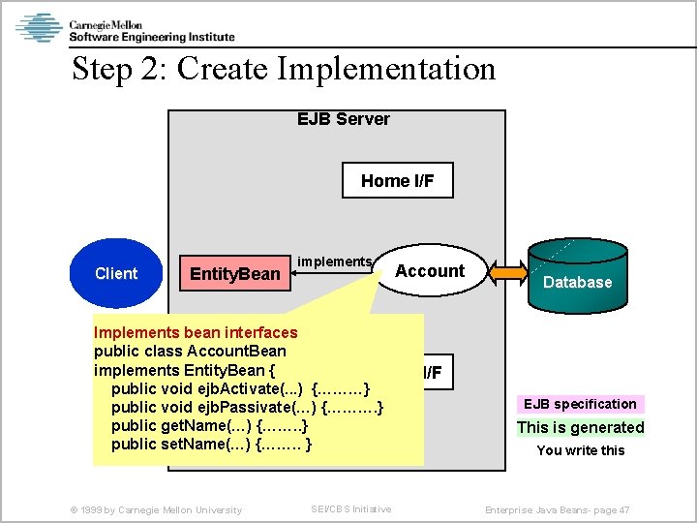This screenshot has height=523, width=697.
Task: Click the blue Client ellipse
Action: point(116,273)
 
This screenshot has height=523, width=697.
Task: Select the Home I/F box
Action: point(398,181)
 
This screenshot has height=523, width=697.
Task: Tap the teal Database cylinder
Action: point(577,279)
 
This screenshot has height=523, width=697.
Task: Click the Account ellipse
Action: point(430,271)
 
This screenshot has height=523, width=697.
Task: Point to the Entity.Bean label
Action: point(235,274)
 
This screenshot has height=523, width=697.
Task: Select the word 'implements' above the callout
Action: point(334,261)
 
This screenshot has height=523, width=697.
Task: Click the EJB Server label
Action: point(343,119)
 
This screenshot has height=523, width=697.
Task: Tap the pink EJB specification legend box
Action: point(580,404)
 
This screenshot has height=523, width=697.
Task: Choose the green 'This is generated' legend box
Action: point(580,427)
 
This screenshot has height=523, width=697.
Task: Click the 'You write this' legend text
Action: point(581,450)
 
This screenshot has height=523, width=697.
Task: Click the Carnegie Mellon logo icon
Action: point(39,27)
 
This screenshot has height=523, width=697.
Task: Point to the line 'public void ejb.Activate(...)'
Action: point(241,388)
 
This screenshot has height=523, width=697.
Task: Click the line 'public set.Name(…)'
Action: point(212,445)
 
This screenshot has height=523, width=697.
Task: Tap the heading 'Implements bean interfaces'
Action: point(196,333)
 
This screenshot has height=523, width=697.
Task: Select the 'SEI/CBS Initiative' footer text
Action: point(350,509)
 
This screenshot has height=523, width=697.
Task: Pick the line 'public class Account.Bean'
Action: point(190,352)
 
